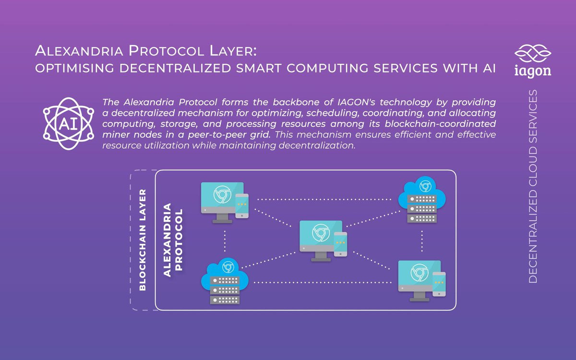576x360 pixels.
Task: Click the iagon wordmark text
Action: point(533,71)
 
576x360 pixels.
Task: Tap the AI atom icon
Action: point(68,124)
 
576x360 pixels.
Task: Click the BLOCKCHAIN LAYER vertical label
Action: point(143,240)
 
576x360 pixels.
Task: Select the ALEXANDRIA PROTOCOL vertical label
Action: point(173,240)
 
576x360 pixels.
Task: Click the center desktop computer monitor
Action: point(321,240)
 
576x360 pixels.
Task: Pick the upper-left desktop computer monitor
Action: point(222,203)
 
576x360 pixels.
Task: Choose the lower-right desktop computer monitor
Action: point(420,280)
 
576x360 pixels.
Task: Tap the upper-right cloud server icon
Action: point(422,200)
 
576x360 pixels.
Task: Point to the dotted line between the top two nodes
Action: point(324,199)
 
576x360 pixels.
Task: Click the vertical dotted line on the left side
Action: point(225,241)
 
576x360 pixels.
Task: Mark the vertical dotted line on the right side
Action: point(422,241)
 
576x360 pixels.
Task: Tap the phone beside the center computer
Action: point(340,244)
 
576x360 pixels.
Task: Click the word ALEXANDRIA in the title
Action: point(79,50)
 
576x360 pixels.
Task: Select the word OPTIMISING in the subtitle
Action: point(74,68)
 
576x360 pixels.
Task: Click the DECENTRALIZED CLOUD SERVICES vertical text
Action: point(533,186)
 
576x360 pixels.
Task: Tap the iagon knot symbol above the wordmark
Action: point(533,53)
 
